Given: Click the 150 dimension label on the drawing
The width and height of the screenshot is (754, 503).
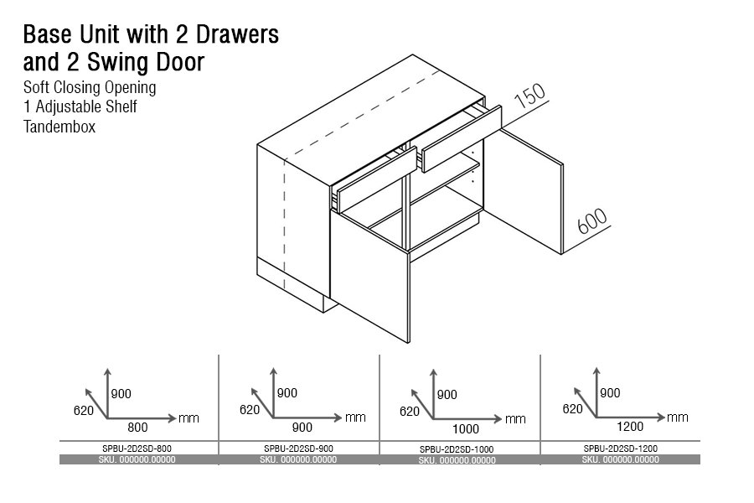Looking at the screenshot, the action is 530,96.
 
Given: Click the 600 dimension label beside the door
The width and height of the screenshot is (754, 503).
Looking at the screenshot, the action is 592,221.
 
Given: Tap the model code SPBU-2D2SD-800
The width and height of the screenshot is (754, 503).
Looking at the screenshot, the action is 137,449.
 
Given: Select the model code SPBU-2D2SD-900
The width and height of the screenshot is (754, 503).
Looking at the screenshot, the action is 298,449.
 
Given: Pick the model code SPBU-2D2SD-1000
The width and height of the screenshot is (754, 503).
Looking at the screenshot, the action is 457,449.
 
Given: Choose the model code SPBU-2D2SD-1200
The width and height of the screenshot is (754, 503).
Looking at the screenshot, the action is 620,449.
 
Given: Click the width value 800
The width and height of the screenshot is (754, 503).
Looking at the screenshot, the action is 137,428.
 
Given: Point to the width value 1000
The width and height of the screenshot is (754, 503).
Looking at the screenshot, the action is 466,429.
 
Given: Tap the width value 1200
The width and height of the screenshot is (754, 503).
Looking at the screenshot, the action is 630,427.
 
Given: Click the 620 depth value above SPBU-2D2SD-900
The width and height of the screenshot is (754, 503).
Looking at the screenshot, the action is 250,410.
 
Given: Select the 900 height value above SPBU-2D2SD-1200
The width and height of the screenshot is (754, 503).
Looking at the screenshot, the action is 610,393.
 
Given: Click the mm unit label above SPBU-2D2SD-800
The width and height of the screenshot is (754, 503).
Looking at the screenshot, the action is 189,418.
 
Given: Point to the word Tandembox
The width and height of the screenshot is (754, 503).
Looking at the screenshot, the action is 59,127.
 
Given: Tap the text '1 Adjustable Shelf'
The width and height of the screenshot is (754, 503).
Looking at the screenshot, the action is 80,106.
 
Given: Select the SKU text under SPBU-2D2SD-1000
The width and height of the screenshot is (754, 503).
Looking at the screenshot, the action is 457,460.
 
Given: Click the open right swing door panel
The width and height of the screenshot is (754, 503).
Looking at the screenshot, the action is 524,190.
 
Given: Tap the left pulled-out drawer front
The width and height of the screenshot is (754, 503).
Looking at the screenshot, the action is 377,179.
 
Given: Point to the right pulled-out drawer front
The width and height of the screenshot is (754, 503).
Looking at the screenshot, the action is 462,138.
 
